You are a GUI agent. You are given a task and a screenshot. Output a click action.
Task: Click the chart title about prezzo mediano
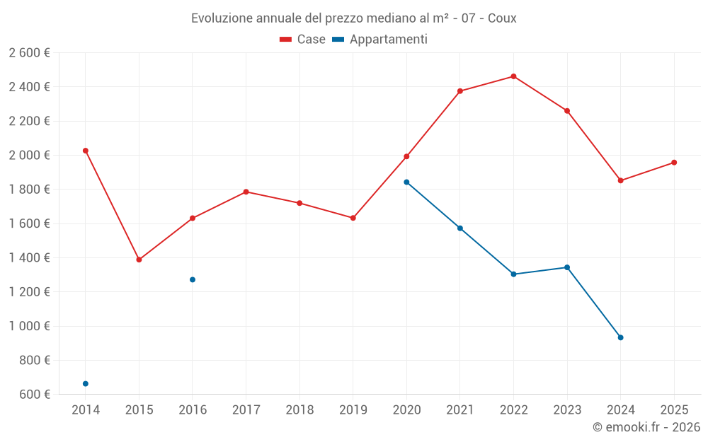pyautogui.click(x=353, y=18)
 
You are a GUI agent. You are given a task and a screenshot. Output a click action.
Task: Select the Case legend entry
pyautogui.click(x=302, y=40)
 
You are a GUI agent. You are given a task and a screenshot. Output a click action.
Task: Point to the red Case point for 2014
pyautogui.click(x=86, y=151)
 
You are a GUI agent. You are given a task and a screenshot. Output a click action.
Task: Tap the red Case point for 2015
pyautogui.click(x=139, y=260)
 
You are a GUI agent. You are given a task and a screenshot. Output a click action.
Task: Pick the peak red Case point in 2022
pyautogui.click(x=513, y=76)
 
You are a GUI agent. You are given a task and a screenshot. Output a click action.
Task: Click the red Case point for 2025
pyautogui.click(x=674, y=163)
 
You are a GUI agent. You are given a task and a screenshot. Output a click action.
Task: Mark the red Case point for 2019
pyautogui.click(x=353, y=218)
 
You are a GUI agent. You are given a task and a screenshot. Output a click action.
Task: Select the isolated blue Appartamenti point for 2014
pyautogui.click(x=86, y=384)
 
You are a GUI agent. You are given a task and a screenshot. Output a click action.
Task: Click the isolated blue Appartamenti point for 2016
pyautogui.click(x=193, y=279)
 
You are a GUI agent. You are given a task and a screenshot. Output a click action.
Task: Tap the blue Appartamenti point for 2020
pyautogui.click(x=406, y=182)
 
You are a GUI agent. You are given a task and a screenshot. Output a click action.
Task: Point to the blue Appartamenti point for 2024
pyautogui.click(x=620, y=337)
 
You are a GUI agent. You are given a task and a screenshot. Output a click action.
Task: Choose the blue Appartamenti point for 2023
pyautogui.click(x=567, y=267)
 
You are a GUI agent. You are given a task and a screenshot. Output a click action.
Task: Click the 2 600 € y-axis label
pyautogui.click(x=29, y=53)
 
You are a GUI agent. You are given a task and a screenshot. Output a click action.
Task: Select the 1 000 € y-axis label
pyautogui.click(x=29, y=326)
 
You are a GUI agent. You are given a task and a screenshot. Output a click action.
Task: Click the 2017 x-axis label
pyautogui.click(x=246, y=410)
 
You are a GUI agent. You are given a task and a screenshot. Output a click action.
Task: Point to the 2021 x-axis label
pyautogui.click(x=460, y=410)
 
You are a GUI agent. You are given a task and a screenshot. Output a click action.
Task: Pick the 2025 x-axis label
pyautogui.click(x=674, y=410)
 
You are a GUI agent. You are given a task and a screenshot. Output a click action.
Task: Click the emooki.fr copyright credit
pyautogui.click(x=646, y=427)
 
